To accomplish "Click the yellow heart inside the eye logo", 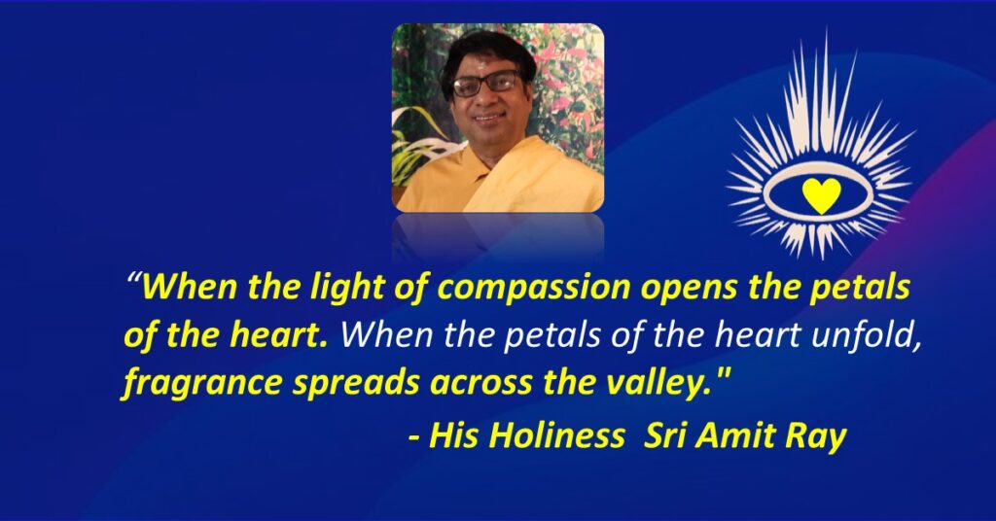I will click(x=821, y=194).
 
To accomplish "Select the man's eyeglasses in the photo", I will click(x=486, y=86).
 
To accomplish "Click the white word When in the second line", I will click(x=388, y=335).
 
